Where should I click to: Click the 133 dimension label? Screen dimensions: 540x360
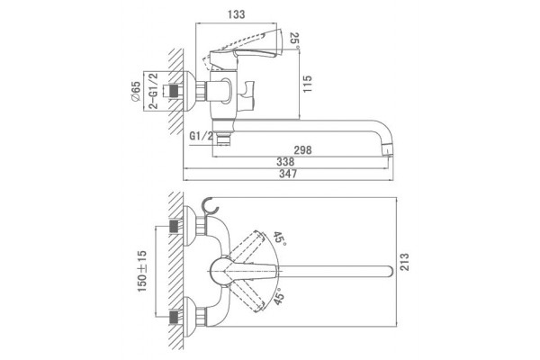click(236, 14)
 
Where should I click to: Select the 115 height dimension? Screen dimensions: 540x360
click(307, 84)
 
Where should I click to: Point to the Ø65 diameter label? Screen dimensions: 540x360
click(136, 91)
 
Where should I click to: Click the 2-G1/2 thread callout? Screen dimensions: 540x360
click(154, 91)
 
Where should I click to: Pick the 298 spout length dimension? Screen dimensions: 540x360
click(302, 150)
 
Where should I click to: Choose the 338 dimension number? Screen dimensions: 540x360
click(285, 162)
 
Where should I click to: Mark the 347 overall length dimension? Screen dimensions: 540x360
click(288, 174)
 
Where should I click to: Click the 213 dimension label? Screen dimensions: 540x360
click(404, 262)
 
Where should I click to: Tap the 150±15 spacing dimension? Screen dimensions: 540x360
click(142, 271)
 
